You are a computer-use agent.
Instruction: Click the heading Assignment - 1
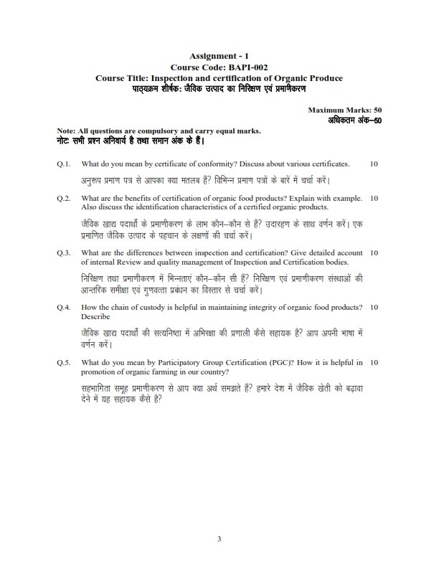(x=219, y=55)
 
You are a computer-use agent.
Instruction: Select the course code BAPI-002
(x=235, y=66)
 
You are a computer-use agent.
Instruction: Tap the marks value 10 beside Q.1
(x=374, y=164)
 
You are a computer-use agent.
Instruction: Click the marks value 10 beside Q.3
(x=374, y=252)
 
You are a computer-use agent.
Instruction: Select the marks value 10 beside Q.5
(x=374, y=363)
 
